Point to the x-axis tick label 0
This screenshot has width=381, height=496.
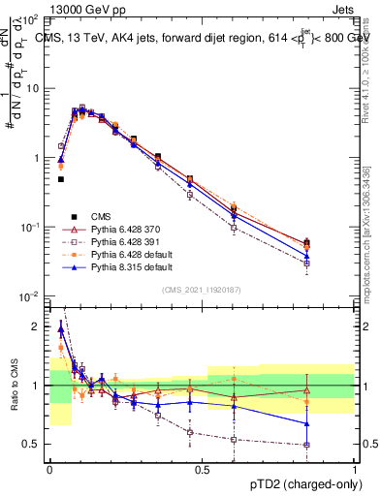coord(49,468)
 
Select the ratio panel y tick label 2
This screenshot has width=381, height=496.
coord(34,327)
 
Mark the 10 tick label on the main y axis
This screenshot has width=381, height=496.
coord(31,88)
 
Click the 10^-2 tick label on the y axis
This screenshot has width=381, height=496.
coord(30,296)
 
